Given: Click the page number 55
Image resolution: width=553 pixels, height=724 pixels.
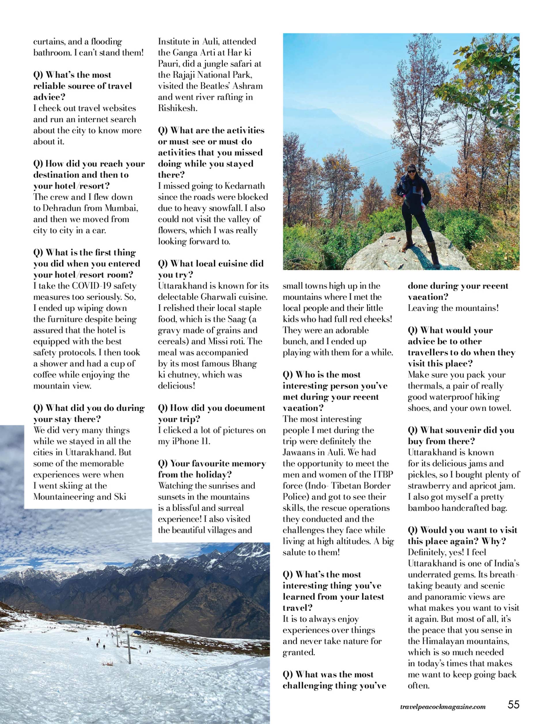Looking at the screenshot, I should point(513,705).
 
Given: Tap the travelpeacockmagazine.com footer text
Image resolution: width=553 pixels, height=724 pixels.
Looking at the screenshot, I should point(443,706).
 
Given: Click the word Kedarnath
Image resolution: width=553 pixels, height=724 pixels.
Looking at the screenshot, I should point(245,186).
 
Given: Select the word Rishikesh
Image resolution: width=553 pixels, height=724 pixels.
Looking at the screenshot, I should point(177,108).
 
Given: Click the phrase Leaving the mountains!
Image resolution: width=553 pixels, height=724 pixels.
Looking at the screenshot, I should point(453,308).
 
